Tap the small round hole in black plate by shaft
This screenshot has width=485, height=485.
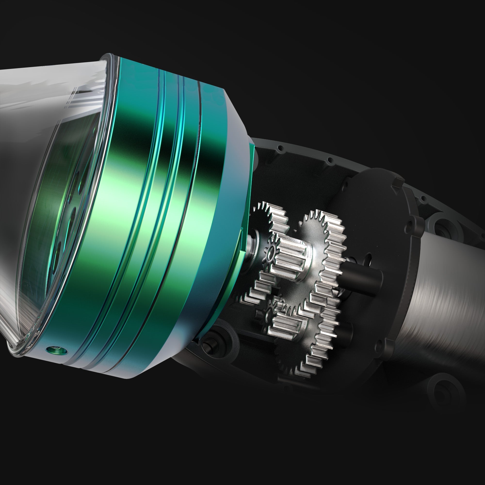[368, 257]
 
